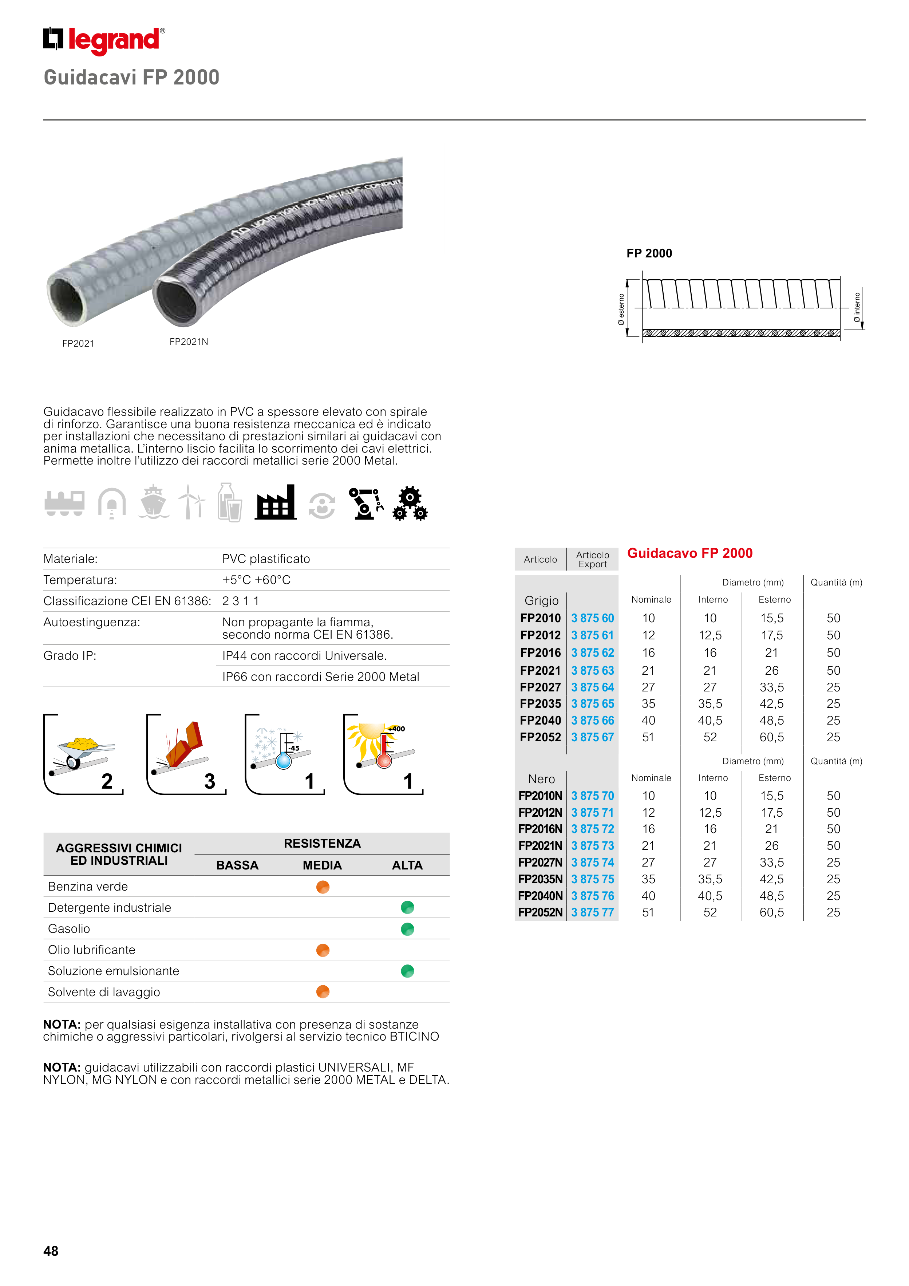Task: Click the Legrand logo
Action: click(104, 40)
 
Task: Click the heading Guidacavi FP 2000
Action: click(131, 77)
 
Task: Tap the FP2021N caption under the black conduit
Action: click(189, 342)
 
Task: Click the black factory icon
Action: click(276, 502)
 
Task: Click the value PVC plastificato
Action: click(266, 559)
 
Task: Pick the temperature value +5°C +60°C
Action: click(257, 580)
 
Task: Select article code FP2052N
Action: click(540, 912)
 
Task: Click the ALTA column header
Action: click(407, 865)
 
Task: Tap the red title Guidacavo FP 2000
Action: click(689, 553)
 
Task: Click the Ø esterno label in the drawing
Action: click(621, 309)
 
